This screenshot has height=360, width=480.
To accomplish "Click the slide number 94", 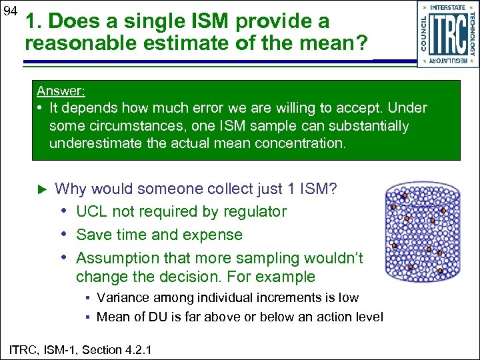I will (9, 11).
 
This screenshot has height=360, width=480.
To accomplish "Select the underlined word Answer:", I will (61, 91).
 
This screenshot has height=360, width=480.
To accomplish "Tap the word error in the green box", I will (203, 108).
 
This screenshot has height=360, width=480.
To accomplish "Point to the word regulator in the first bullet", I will (254, 212).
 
